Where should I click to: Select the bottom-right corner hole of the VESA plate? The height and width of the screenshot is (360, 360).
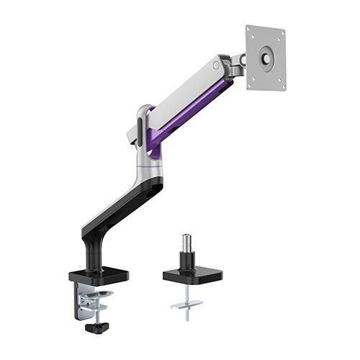pyautogui.click(x=280, y=87)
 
